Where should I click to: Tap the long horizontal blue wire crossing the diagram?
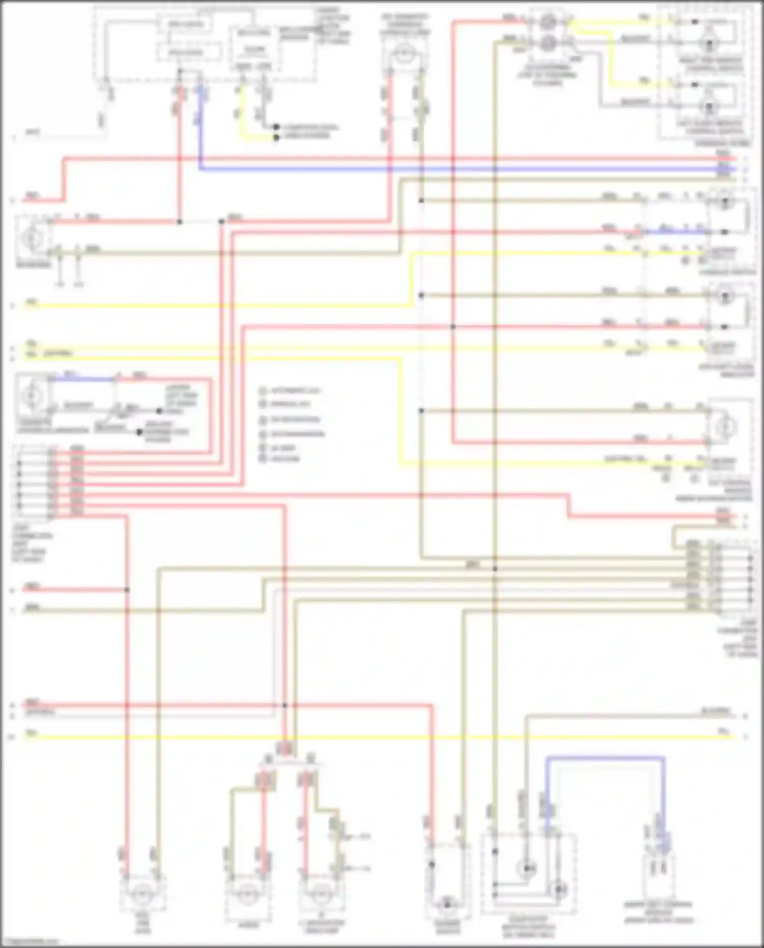coord(458,169)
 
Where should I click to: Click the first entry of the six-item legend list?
coord(290,391)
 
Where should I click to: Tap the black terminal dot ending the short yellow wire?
coord(276,138)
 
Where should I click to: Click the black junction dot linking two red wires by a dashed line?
coord(179,222)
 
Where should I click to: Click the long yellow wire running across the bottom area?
coord(357,737)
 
